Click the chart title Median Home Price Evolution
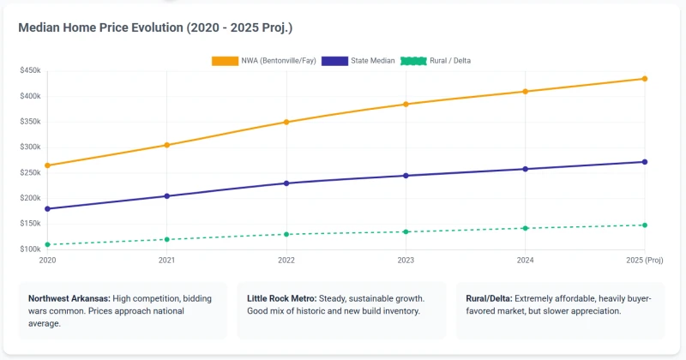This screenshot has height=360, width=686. tap(155, 28)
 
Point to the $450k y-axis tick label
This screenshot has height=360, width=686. tap(29, 70)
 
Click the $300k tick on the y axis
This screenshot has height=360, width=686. tap(29, 147)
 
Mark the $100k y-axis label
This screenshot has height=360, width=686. tap(29, 249)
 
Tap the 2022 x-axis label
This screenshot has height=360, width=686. tap(286, 260)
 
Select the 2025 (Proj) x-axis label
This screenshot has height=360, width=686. tap(644, 260)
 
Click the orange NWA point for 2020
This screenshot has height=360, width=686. tap(47, 165)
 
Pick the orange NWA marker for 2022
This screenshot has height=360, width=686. tap(286, 122)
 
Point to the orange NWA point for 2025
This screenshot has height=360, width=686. tap(645, 79)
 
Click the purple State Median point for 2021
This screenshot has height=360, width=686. tap(167, 196)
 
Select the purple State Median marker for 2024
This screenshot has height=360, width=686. tap(526, 169)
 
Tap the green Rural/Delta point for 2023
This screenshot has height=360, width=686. tap(406, 231)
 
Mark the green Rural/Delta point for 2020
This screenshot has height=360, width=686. tap(47, 244)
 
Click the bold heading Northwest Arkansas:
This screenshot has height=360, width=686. tap(67, 298)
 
